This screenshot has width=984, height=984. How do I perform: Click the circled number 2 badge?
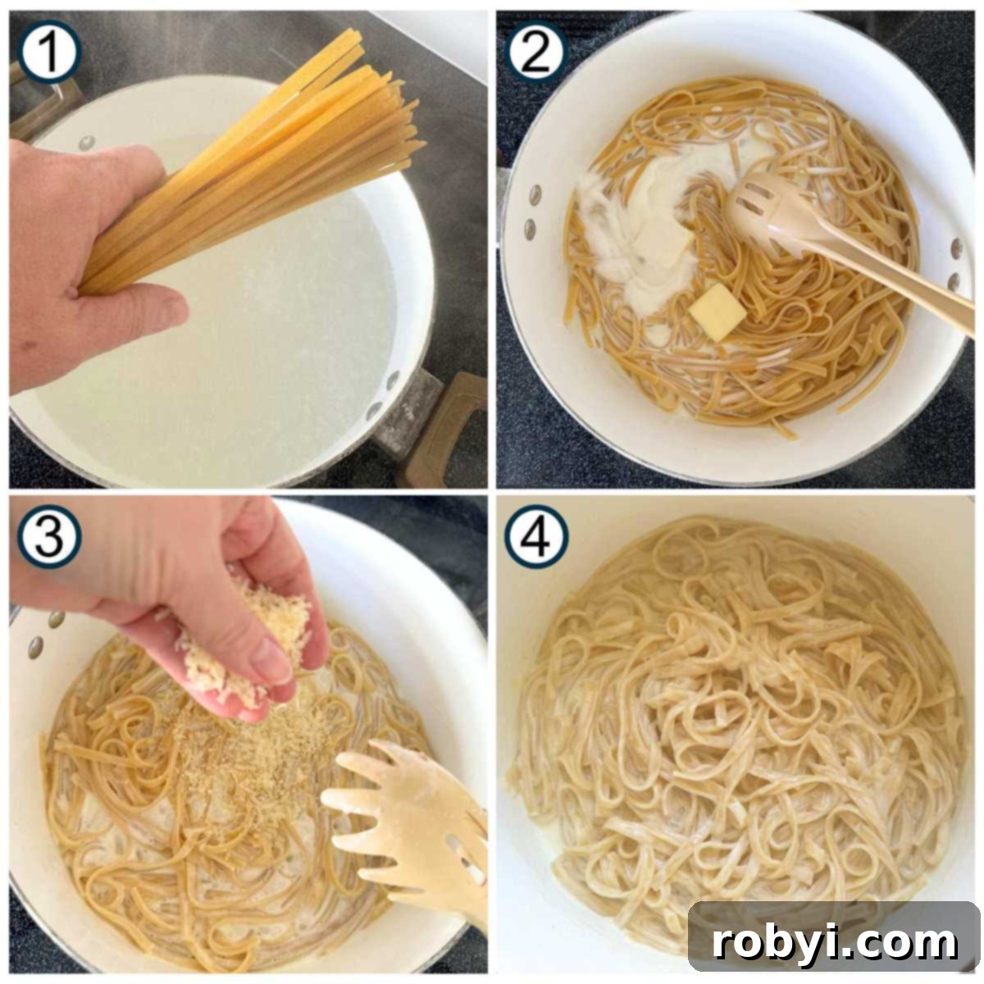tap(537, 51)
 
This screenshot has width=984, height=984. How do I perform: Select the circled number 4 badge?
tap(537, 538)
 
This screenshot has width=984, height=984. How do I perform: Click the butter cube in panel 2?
tap(718, 312)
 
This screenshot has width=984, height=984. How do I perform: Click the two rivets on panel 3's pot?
tap(45, 631)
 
